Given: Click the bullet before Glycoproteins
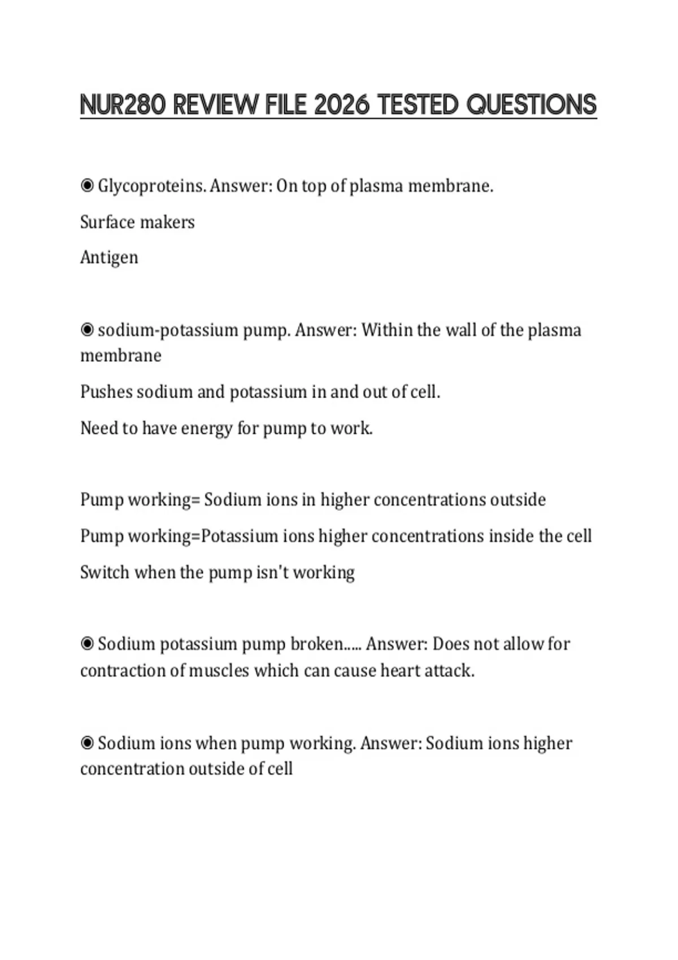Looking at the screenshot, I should pyautogui.click(x=87, y=186).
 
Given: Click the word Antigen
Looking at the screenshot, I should pyautogui.click(x=109, y=258).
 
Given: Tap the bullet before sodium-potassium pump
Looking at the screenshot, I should pyautogui.click(x=87, y=330).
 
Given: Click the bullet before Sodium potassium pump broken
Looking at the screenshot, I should pyautogui.click(x=87, y=644).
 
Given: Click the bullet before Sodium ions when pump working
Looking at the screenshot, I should pyautogui.click(x=87, y=743).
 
